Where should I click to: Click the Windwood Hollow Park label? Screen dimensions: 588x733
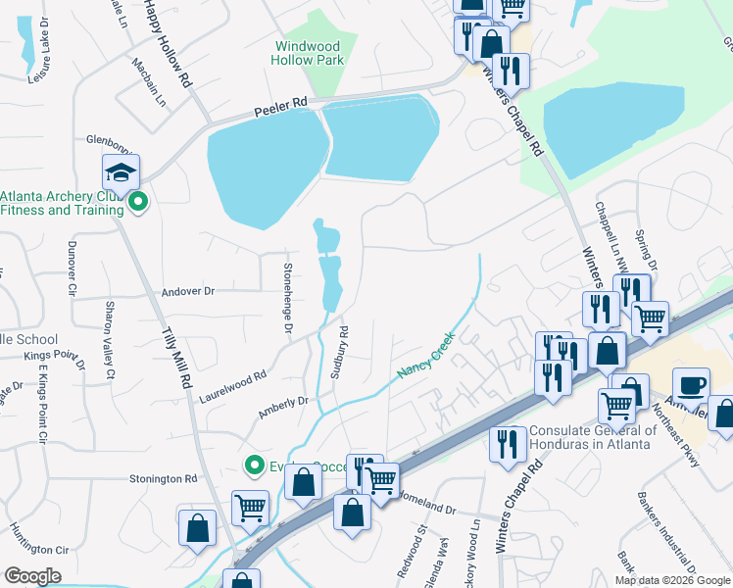coord(307,53)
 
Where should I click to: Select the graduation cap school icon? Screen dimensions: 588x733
coord(122,173)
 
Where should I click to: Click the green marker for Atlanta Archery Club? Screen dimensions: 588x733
coord(138,203)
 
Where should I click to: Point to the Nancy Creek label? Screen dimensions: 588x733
coord(424,358)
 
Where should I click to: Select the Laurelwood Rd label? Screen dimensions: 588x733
coord(233,386)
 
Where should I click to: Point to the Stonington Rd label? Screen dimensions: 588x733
coord(164,479)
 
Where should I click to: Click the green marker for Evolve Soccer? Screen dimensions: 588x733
coord(255,465)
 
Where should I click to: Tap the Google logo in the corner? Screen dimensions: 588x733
coord(32,576)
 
